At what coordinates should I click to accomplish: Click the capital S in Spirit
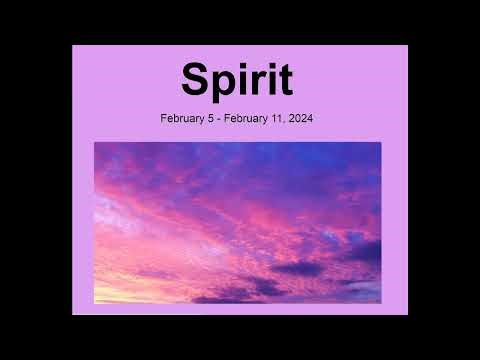click(197, 81)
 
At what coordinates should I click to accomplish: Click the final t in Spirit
click(282, 82)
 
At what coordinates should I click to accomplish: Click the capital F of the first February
click(164, 119)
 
